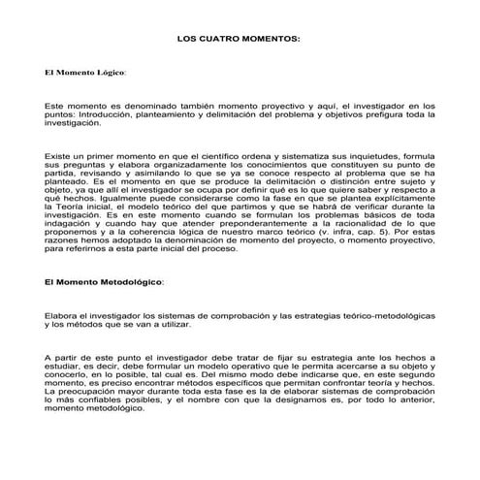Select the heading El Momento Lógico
point(85,73)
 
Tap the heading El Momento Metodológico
point(104,282)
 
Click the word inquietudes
point(377,156)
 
